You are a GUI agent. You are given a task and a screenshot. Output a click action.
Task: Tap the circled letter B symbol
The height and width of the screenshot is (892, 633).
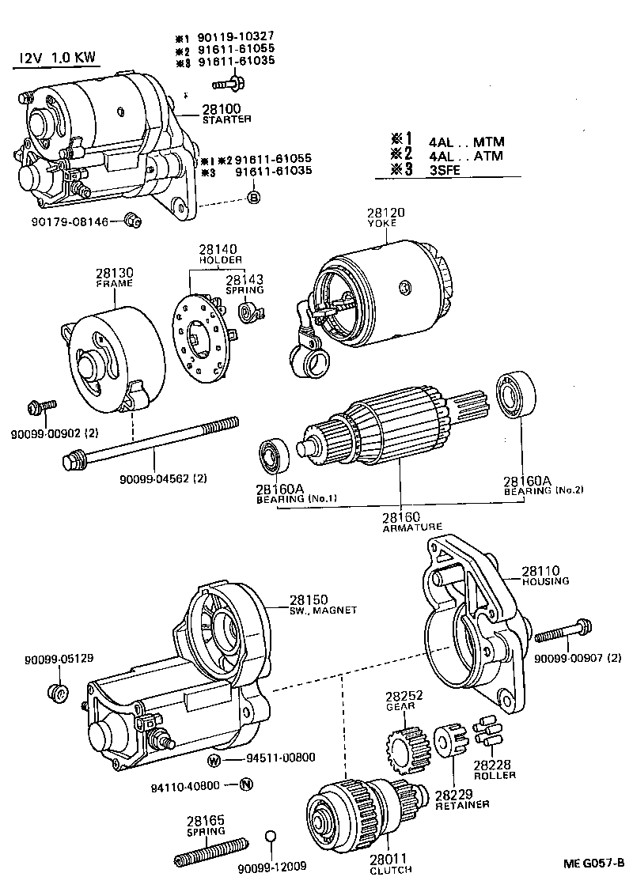click(254, 198)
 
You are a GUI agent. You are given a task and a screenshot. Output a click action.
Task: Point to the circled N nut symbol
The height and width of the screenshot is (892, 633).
click(245, 784)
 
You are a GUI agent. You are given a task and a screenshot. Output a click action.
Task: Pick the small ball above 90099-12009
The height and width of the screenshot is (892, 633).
click(270, 837)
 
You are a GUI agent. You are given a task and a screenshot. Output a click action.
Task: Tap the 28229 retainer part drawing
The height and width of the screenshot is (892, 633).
click(449, 740)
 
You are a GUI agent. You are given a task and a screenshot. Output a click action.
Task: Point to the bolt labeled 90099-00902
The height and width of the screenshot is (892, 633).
click(40, 406)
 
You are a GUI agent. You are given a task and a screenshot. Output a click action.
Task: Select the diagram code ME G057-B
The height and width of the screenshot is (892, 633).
click(593, 862)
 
